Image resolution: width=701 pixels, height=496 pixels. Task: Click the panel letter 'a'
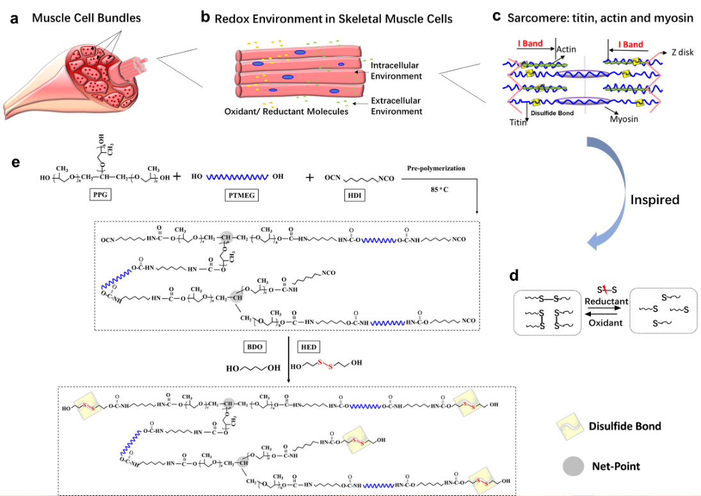coord(14,18)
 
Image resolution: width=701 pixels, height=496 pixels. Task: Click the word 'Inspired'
coord(654,200)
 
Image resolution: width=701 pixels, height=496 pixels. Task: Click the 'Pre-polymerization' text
coord(437,168)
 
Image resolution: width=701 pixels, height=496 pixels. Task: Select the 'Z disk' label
coord(682,52)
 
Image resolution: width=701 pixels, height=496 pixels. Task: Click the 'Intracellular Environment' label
coord(396,70)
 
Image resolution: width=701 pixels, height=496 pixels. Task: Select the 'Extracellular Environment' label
coord(396,106)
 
